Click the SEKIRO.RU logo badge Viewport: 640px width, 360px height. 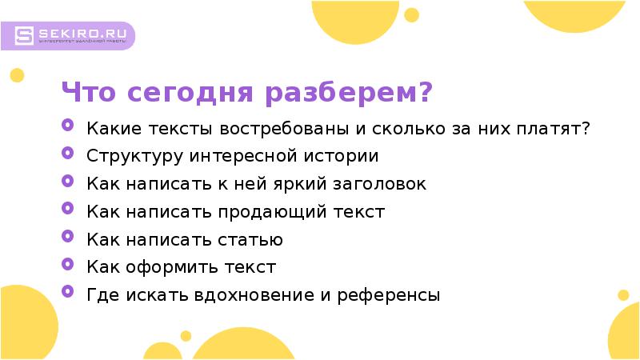(74, 36)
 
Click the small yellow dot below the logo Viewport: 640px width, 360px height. (16, 76)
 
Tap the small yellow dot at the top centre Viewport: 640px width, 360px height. (412, 14)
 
